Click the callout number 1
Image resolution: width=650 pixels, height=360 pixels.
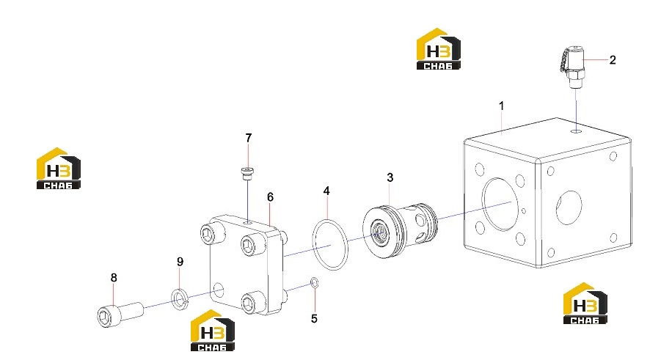501,106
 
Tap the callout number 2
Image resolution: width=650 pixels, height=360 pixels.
613,60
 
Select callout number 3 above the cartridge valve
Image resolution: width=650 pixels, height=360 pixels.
390,177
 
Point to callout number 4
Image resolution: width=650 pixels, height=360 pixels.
326,191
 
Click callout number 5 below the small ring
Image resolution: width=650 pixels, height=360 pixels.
314,318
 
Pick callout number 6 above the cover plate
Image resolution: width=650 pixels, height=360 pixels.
270,197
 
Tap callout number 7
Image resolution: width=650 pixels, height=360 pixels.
248,138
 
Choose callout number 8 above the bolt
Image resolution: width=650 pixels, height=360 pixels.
114,278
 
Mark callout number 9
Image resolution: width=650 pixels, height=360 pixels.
180,262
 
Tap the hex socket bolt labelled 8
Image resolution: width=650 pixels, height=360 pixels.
120,315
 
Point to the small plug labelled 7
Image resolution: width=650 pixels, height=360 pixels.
247,173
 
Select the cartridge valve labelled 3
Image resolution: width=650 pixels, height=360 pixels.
400,230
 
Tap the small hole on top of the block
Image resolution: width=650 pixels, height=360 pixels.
576,131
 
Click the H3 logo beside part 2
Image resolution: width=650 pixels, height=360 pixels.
439,49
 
